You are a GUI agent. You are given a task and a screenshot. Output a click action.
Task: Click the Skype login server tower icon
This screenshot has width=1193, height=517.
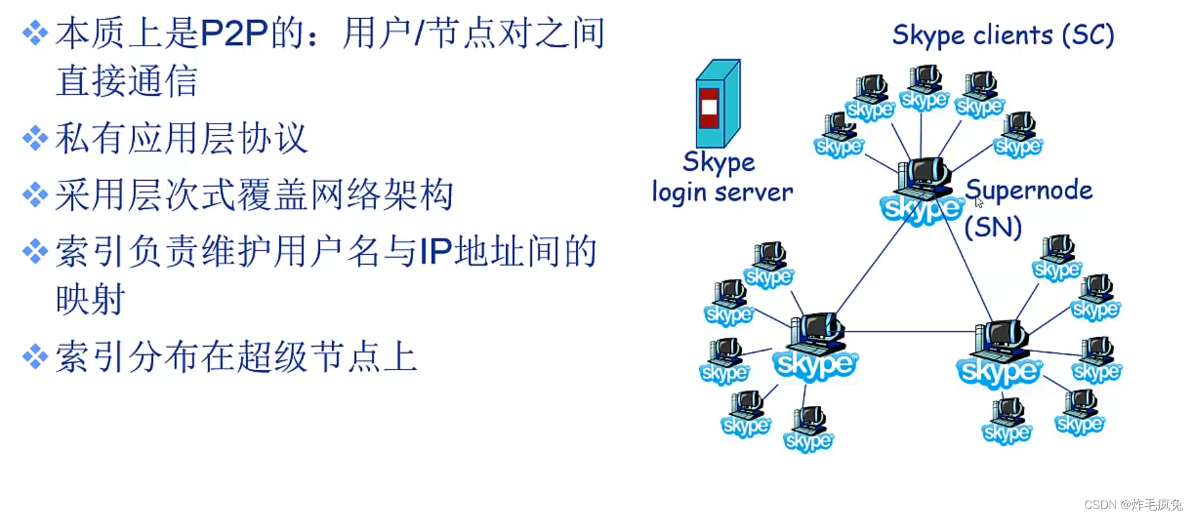[717, 104]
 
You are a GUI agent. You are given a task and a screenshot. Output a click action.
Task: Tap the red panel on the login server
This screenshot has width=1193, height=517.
[709, 108]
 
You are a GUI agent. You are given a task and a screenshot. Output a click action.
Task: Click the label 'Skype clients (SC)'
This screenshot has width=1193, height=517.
[1002, 35]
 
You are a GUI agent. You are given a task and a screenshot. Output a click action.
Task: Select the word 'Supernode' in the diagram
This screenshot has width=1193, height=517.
[1028, 191]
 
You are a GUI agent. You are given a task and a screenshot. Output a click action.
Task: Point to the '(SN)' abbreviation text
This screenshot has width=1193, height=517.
[993, 228]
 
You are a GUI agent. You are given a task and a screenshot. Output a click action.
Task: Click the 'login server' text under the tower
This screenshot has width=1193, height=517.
[722, 192]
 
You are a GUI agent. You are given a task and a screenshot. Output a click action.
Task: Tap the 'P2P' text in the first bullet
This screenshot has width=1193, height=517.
[234, 34]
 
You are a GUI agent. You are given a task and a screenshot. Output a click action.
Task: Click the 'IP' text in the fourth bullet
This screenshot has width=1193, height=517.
[435, 252]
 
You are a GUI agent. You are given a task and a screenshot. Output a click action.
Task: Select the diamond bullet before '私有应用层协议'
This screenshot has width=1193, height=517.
[35, 138]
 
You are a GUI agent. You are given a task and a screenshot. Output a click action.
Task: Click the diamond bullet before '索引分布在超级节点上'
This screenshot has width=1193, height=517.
[35, 356]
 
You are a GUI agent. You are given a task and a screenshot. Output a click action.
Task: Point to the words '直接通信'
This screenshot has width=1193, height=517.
[126, 82]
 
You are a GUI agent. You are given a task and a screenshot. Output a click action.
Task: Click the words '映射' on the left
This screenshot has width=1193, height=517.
[90, 300]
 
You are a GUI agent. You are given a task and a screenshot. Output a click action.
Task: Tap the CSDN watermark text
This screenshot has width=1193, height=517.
[1133, 505]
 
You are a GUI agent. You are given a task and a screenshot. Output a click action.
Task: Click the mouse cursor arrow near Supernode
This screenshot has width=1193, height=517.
[978, 202]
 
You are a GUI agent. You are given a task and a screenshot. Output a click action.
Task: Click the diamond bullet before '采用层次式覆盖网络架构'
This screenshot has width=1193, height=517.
[35, 194]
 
